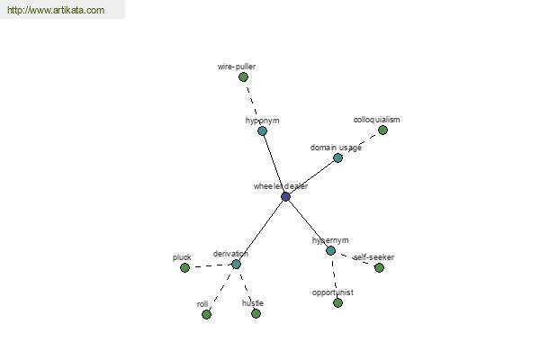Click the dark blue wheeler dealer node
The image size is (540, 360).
pyautogui.click(x=285, y=197)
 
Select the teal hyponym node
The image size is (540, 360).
pyautogui.click(x=262, y=130)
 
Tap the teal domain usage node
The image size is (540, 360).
pyautogui.click(x=337, y=158)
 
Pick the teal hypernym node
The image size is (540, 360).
pyautogui.click(x=330, y=250)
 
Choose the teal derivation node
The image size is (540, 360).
pyautogui.click(x=236, y=265)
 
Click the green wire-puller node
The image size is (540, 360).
pyautogui.click(x=243, y=77)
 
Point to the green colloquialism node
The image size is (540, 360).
pyautogui.click(x=382, y=130)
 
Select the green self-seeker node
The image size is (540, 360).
pyautogui.click(x=379, y=267)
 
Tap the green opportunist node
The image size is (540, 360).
pyautogui.click(x=337, y=302)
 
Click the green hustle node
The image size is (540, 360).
pyautogui.click(x=256, y=313)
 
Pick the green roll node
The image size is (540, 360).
pyautogui.click(x=206, y=314)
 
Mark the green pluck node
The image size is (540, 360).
pyautogui.click(x=184, y=267)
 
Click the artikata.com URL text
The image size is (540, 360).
pyautogui.click(x=56, y=10)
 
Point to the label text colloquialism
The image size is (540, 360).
pyautogui.click(x=377, y=120)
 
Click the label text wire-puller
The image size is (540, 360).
pyautogui.click(x=237, y=67)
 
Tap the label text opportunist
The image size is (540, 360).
pyautogui.click(x=333, y=292)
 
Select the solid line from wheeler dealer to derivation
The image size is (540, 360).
pyautogui.click(x=261, y=230)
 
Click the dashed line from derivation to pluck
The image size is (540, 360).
pyautogui.click(x=211, y=266)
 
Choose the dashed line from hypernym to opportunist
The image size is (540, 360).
pyautogui.click(x=334, y=276)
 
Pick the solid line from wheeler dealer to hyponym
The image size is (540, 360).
pyautogui.click(x=274, y=164)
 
